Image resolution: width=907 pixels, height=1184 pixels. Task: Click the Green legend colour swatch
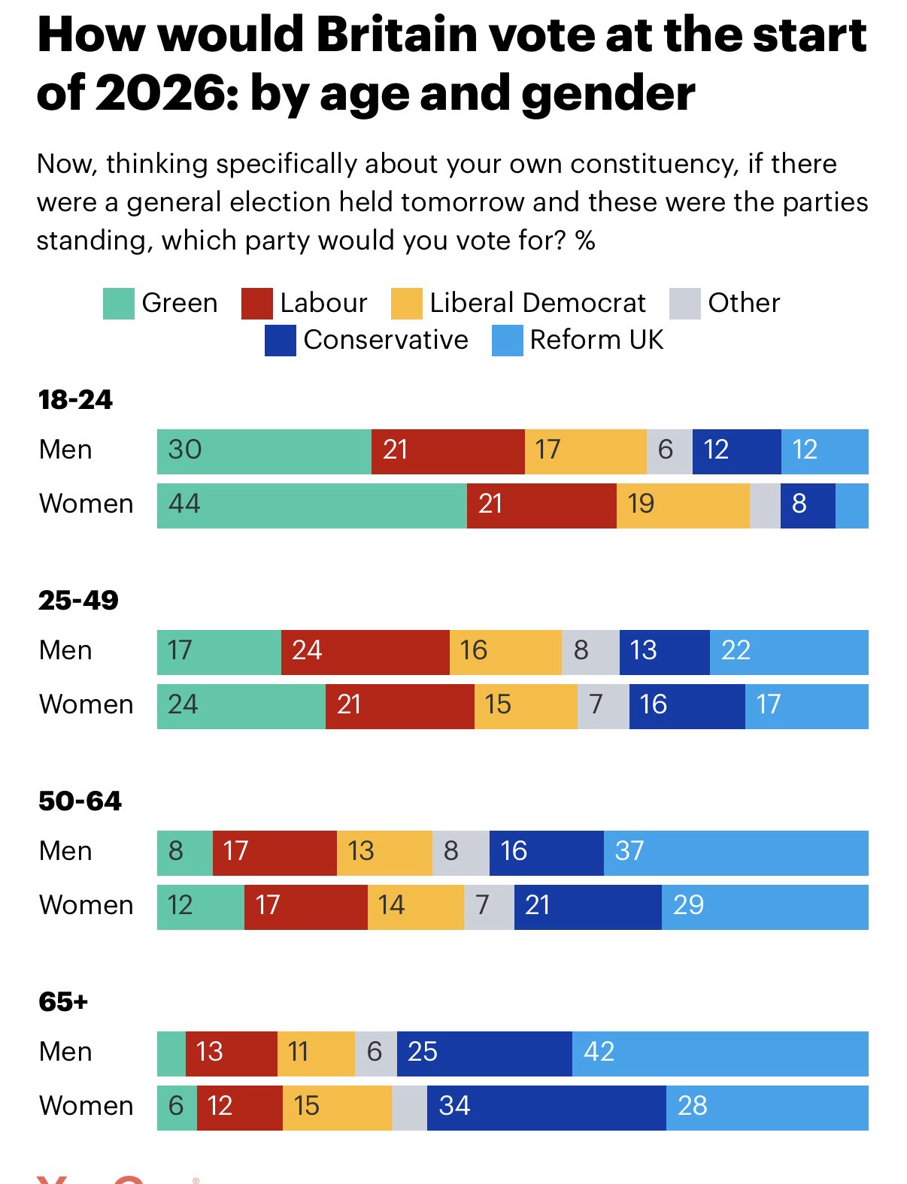pyautogui.click(x=119, y=304)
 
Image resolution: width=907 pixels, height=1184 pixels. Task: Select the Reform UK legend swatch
pyautogui.click(x=507, y=341)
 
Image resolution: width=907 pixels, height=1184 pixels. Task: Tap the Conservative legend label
pyautogui.click(x=385, y=340)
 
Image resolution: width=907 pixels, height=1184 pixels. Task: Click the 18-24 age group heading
pyautogui.click(x=75, y=400)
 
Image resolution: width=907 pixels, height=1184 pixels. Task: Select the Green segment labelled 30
pyautogui.click(x=264, y=451)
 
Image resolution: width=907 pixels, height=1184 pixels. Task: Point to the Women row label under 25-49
pyautogui.click(x=86, y=705)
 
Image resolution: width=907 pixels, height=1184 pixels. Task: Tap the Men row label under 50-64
pyautogui.click(x=65, y=851)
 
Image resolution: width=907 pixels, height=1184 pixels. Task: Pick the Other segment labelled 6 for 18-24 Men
pyautogui.click(x=669, y=451)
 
